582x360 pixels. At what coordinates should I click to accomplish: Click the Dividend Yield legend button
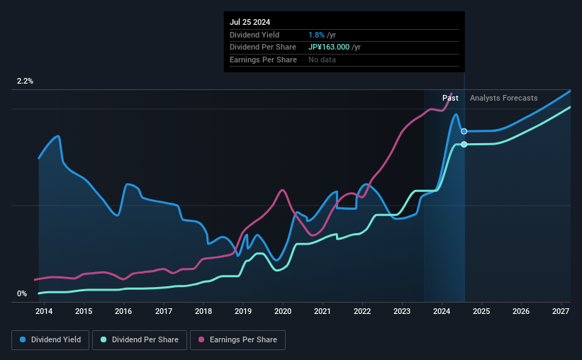tap(51, 340)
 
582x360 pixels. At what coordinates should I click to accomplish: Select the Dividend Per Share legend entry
tap(142, 340)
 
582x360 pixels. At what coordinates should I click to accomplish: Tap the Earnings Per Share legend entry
tap(238, 340)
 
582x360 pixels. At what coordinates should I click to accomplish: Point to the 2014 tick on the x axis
tap(44, 311)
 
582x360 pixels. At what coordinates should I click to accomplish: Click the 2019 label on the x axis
tap(243, 311)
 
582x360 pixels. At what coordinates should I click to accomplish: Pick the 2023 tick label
tap(402, 311)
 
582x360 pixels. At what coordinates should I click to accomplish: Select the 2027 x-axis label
tap(561, 311)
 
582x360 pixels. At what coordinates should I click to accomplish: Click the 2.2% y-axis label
tap(26, 81)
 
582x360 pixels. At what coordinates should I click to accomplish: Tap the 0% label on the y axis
tap(22, 293)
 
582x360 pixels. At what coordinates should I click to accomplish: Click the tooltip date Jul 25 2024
tap(250, 22)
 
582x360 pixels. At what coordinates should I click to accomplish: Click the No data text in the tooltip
tap(323, 60)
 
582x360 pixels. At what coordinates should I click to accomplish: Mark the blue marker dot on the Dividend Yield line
tap(464, 131)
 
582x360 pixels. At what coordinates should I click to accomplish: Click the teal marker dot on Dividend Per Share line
tap(464, 145)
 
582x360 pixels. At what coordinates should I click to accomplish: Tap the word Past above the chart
tap(450, 98)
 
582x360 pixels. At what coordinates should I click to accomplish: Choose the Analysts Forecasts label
tap(503, 98)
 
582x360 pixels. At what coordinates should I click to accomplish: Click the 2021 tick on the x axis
tap(323, 311)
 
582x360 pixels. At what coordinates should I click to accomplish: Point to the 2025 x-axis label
tap(481, 311)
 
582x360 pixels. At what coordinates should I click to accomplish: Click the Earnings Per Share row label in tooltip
tap(263, 60)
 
